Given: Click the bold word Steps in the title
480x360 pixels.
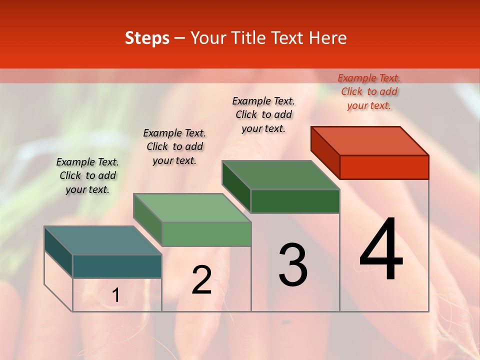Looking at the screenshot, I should (147, 38).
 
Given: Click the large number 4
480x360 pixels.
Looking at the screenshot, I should (381, 249).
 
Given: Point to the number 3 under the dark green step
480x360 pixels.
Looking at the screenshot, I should (293, 265).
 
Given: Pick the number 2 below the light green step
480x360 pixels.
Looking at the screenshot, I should (201, 280).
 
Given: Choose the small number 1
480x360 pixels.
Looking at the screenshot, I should (115, 295).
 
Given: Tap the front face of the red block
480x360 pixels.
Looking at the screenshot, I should (384, 167).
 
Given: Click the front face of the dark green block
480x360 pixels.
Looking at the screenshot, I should (295, 201).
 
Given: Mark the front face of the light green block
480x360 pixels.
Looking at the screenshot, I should (206, 234).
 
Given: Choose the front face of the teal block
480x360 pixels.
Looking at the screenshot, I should (117, 266).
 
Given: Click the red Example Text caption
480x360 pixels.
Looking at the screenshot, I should (369, 91).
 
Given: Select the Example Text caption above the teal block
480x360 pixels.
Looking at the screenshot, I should (87, 175).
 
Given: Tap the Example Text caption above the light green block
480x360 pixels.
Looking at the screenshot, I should (174, 146).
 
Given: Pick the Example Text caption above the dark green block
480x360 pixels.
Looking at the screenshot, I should (263, 114).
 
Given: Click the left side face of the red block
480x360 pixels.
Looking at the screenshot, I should (325, 152).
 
